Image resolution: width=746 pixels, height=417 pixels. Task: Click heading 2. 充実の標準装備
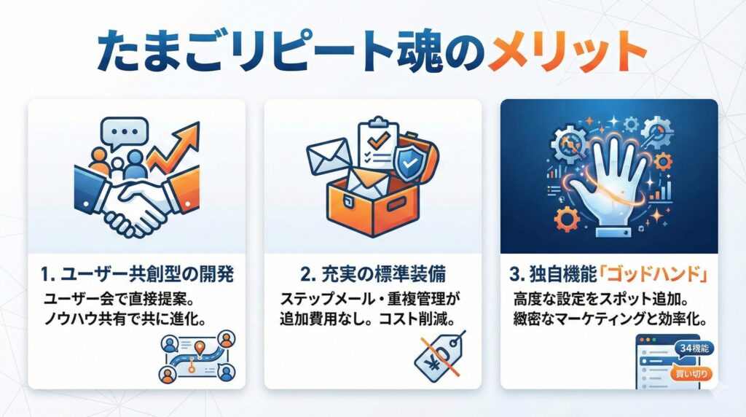pos(372,277)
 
